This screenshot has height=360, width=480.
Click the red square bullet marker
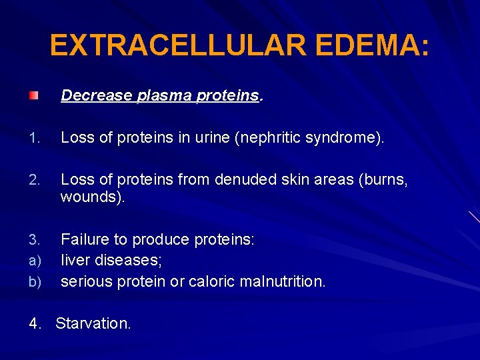(x=33, y=96)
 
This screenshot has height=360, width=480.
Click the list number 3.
(x=35, y=240)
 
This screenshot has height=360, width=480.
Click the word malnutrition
(x=285, y=281)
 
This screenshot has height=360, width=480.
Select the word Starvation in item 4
(x=93, y=324)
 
